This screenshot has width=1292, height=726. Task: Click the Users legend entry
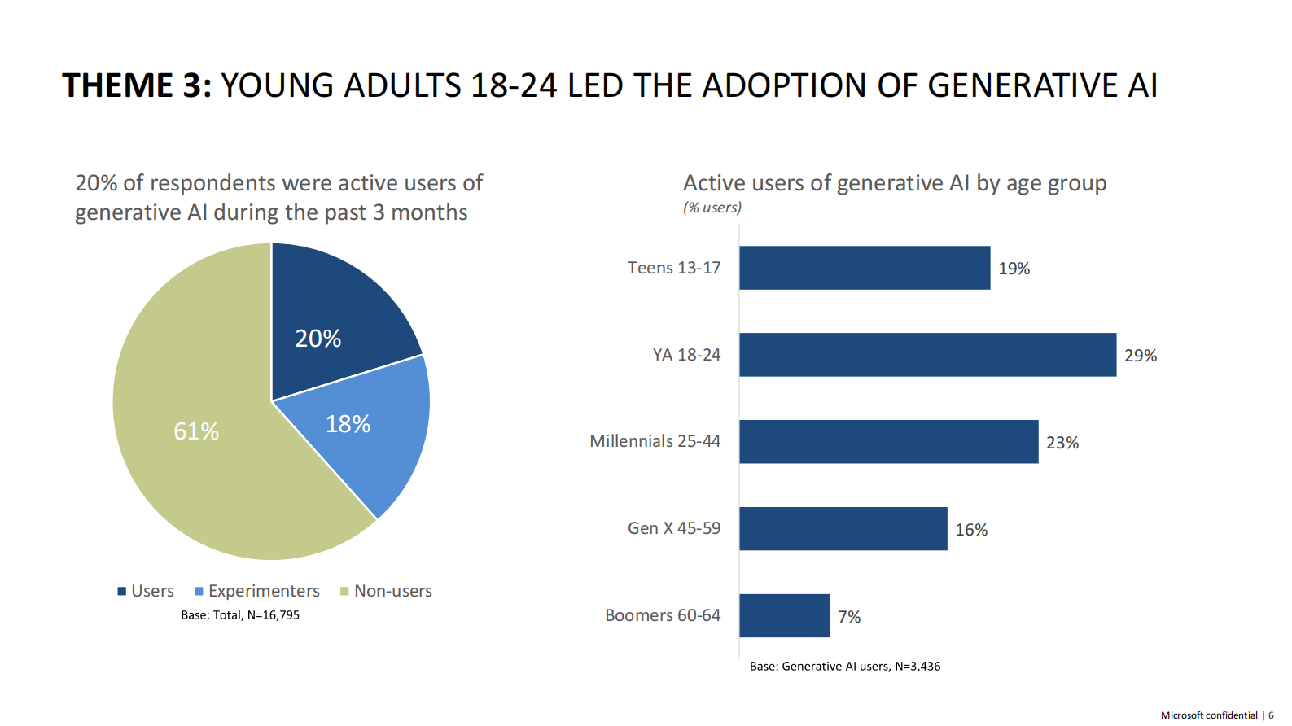(x=147, y=591)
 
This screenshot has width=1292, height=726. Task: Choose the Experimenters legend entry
(x=257, y=591)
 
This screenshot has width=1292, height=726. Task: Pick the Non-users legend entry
(x=387, y=591)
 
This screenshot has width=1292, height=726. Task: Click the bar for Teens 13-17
(x=865, y=268)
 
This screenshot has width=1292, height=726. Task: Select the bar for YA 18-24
(x=927, y=355)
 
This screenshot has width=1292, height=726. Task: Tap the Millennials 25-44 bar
(x=888, y=442)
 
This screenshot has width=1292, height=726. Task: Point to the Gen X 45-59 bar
(x=843, y=529)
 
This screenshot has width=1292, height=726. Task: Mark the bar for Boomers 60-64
(x=784, y=616)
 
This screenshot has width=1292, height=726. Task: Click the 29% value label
(x=1141, y=356)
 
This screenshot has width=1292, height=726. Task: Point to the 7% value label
(x=849, y=617)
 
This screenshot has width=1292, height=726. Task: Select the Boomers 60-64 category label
(x=663, y=615)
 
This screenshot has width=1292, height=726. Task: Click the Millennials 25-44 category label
(x=655, y=441)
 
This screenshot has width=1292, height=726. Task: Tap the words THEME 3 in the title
(x=137, y=85)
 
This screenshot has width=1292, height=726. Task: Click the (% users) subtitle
(x=712, y=208)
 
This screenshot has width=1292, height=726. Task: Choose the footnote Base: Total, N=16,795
(x=240, y=615)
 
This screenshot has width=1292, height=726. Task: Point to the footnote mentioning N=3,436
(x=845, y=667)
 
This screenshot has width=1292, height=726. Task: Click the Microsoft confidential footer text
(x=1209, y=715)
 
